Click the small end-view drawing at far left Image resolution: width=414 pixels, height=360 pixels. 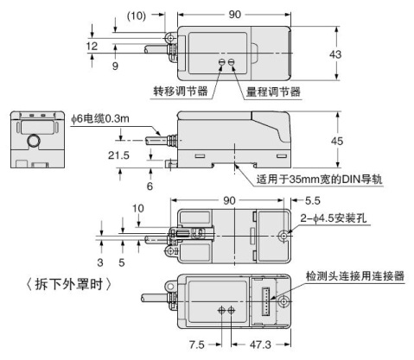(x=35, y=139)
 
